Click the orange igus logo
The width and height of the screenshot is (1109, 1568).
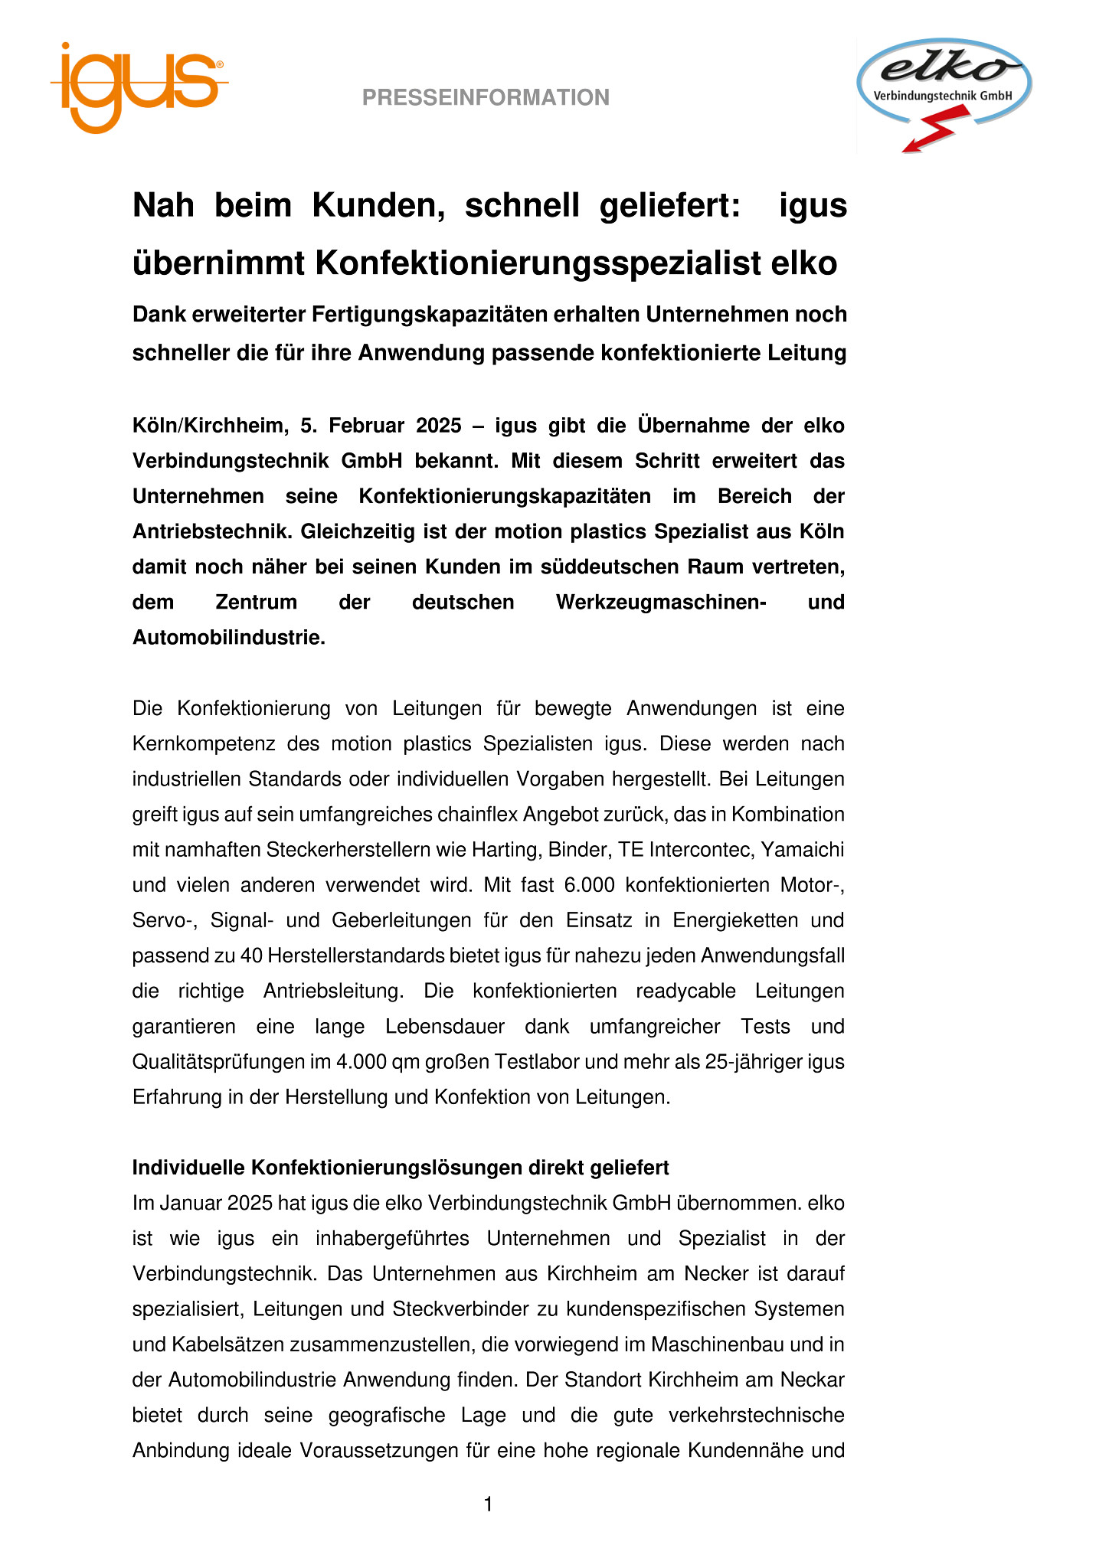pos(138,86)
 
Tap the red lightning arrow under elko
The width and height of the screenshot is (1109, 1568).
pos(930,133)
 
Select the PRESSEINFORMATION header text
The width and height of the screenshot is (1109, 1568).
pos(486,97)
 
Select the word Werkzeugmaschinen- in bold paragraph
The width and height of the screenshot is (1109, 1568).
pos(662,603)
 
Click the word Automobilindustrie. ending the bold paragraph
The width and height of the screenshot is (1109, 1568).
pos(229,638)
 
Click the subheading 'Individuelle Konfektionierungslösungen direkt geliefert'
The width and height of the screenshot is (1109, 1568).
pos(401,1168)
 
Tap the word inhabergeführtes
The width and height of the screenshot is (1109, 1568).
pos(392,1239)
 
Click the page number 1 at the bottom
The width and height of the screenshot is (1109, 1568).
pos(489,1505)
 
